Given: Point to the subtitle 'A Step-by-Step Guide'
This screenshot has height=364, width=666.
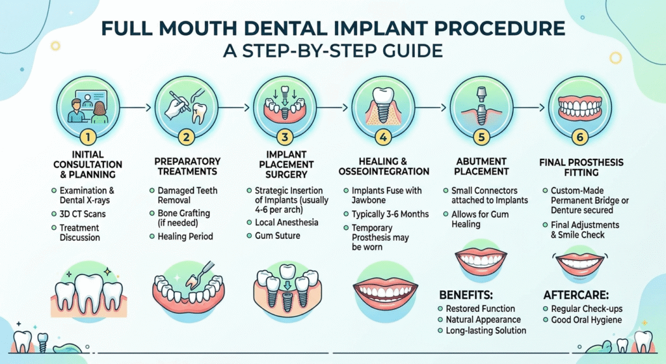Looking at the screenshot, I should (x=333, y=51).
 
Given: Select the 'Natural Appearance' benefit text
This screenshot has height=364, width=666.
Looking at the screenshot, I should (x=484, y=320).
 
